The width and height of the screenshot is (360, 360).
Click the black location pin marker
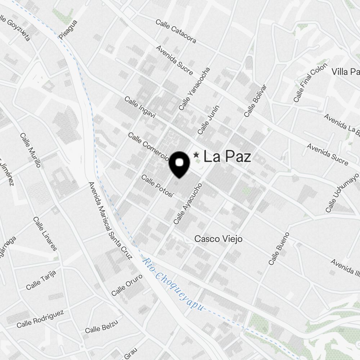click(x=179, y=164)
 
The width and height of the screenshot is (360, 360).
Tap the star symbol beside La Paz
click(x=196, y=155)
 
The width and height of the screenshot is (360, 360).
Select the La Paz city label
click(x=227, y=157)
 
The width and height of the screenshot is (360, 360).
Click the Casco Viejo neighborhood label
click(x=218, y=239)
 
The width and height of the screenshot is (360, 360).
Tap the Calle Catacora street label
click(x=176, y=31)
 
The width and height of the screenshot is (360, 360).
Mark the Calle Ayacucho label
click(x=188, y=203)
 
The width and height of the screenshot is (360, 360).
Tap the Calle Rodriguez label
click(x=40, y=318)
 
